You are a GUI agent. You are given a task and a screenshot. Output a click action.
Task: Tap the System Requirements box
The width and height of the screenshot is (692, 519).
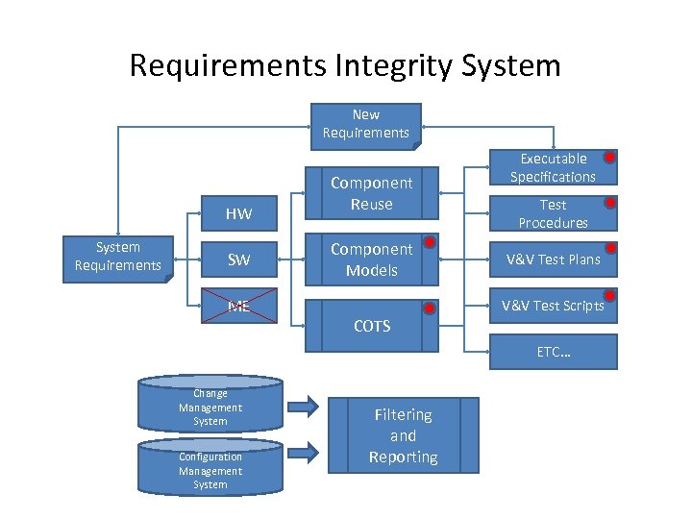[118, 258]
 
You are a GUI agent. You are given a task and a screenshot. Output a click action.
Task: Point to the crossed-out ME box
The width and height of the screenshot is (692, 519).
[238, 307]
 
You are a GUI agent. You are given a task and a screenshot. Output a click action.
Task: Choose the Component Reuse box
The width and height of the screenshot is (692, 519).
[371, 193]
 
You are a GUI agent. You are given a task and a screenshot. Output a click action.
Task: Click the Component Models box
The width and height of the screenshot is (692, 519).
[371, 259]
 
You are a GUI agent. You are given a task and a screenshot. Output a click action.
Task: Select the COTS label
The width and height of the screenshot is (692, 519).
[371, 327]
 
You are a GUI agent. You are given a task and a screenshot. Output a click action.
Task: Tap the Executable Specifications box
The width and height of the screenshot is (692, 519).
[553, 167]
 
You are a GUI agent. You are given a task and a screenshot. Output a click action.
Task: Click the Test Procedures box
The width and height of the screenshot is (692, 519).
[553, 213]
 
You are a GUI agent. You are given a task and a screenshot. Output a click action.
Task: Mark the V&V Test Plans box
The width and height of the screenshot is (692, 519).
[553, 259]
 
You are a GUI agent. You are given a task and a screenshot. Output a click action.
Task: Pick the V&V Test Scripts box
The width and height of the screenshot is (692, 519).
[553, 306]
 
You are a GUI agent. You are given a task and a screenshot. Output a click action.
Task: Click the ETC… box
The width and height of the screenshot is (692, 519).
[553, 352]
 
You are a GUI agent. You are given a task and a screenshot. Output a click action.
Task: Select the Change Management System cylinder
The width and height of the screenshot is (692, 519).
[210, 407]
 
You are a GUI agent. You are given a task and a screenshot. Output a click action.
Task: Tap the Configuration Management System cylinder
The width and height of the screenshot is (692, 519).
[210, 470]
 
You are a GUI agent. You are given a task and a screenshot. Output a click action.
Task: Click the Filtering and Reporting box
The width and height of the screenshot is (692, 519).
[403, 435]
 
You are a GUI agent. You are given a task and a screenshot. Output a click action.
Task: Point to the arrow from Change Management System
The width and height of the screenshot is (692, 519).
[303, 407]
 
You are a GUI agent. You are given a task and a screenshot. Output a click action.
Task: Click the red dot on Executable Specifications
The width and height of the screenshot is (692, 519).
[609, 157]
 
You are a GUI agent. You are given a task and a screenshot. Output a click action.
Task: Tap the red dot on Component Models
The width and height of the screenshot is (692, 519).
[431, 241]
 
